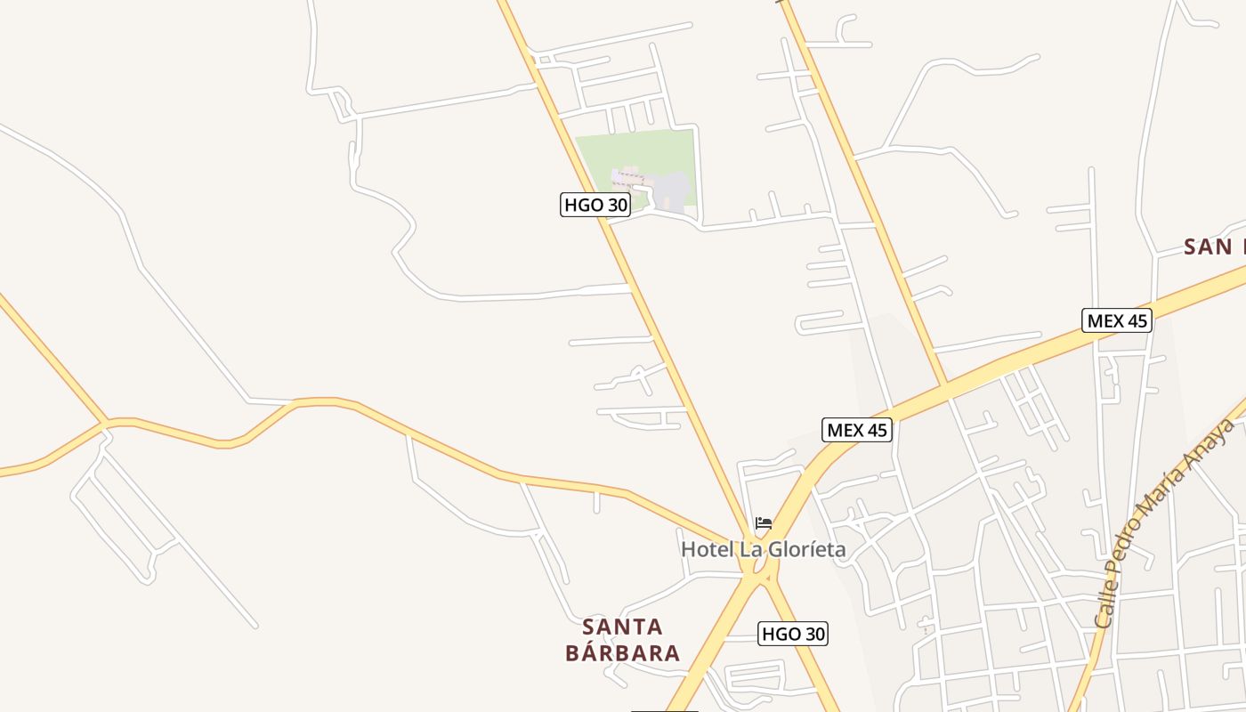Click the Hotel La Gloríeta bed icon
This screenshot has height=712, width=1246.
click(x=764, y=523)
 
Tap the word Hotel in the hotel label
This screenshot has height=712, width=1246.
click(x=708, y=550)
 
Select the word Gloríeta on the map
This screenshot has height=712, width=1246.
click(x=805, y=550)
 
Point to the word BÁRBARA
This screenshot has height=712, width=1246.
click(x=622, y=653)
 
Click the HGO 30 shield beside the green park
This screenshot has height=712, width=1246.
click(x=595, y=205)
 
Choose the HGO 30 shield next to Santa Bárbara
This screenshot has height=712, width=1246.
click(x=793, y=634)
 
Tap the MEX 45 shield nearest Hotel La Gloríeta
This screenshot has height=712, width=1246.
click(x=856, y=430)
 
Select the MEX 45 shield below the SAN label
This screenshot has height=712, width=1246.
click(x=1117, y=320)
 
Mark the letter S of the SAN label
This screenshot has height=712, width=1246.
click(x=1193, y=247)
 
